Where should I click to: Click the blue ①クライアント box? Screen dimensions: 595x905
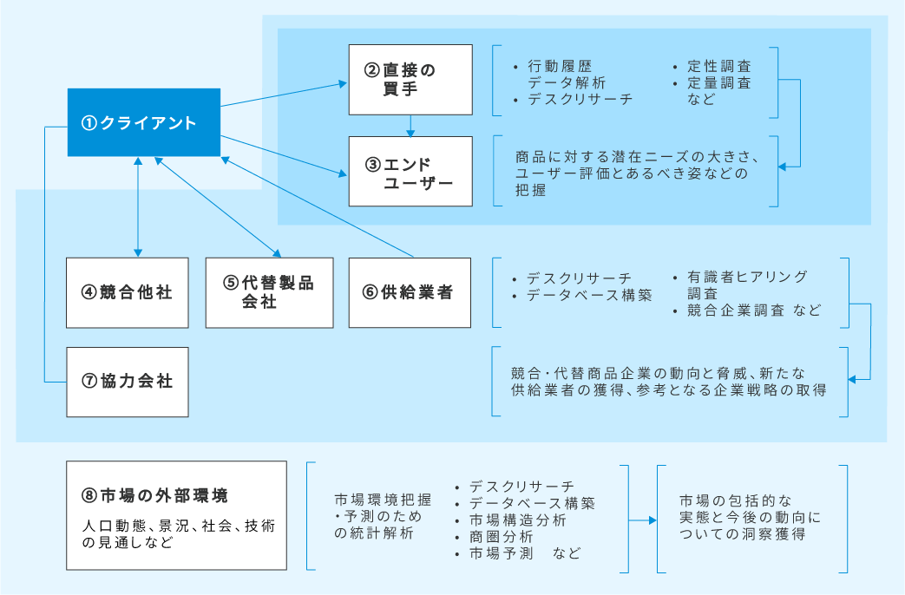point(144,122)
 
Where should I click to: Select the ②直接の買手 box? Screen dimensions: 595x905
point(410,79)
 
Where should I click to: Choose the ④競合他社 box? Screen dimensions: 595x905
point(128,292)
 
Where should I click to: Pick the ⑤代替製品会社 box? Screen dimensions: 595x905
point(269,292)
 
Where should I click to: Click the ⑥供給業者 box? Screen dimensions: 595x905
point(410,292)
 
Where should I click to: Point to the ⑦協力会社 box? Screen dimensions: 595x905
point(128,382)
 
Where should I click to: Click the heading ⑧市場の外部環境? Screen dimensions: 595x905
point(155,496)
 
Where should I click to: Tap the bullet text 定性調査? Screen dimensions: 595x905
point(718,67)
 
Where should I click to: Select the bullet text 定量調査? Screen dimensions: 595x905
point(718,83)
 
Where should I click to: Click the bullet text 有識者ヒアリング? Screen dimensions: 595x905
point(746,277)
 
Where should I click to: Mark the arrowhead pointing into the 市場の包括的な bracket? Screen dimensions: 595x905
point(652,520)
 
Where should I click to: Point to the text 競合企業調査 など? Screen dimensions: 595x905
point(753,311)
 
